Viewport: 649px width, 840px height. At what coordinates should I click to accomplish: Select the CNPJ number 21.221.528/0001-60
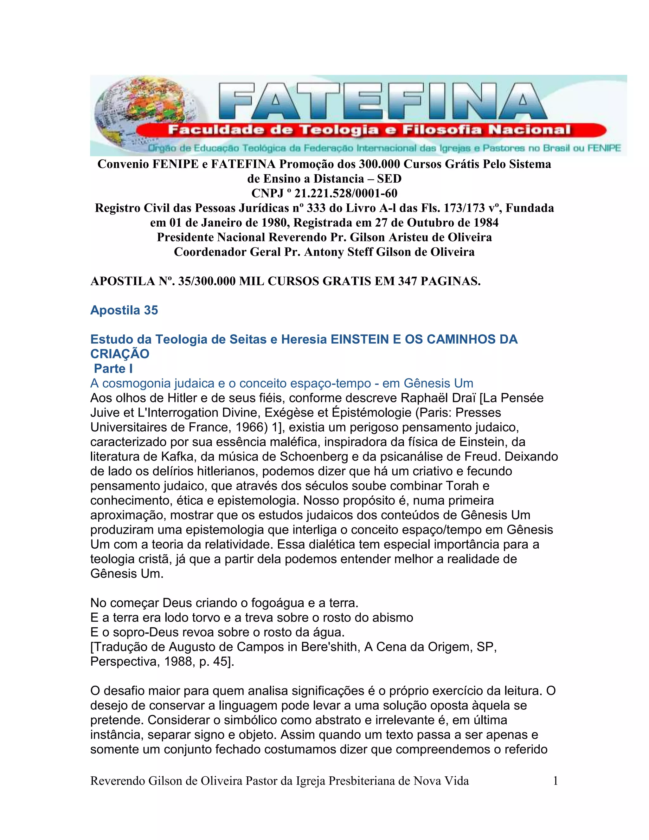click(346, 193)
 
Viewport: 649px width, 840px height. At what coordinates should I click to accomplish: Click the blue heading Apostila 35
click(124, 310)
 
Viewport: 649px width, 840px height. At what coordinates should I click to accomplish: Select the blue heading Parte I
click(113, 368)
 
